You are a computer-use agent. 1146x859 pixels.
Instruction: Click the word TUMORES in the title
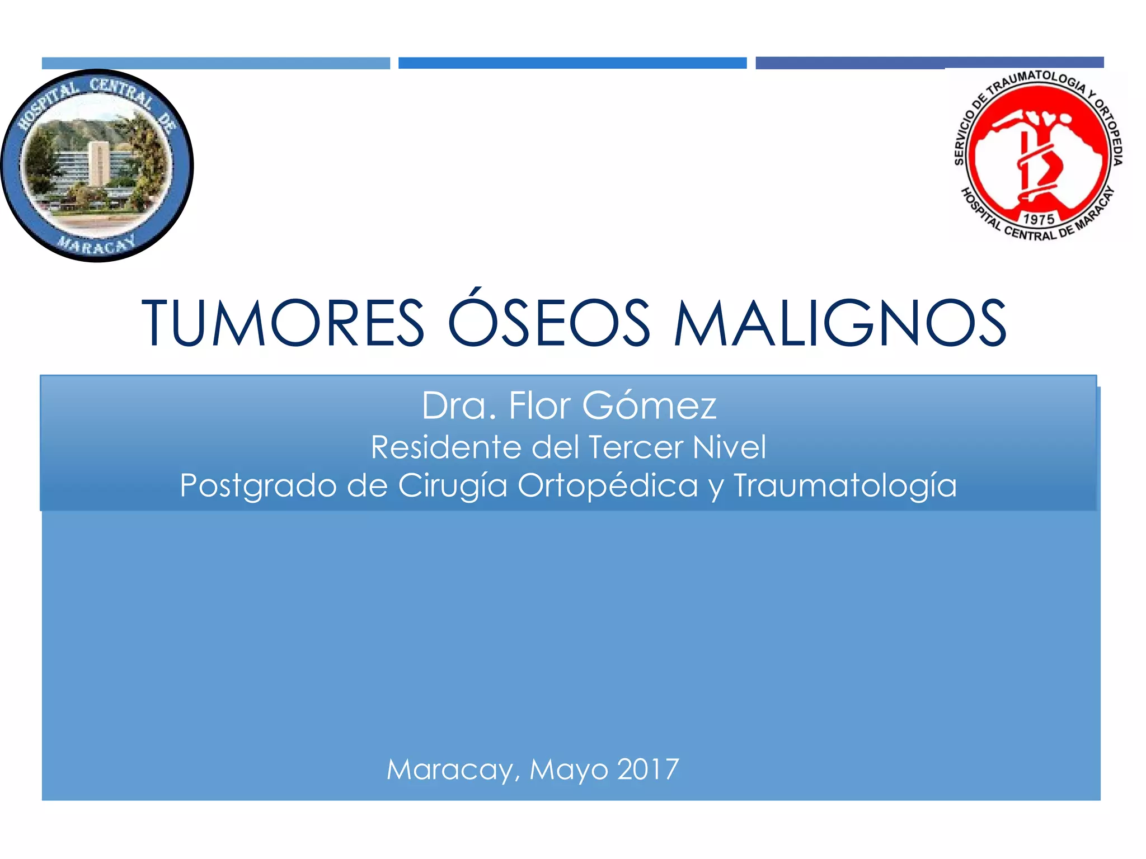[x=283, y=323]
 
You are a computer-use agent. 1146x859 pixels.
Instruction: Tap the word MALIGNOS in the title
[x=840, y=323]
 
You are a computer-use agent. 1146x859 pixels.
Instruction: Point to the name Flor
[x=539, y=405]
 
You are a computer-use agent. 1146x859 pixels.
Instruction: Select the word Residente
[x=446, y=447]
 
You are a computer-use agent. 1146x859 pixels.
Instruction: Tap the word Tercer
[x=636, y=447]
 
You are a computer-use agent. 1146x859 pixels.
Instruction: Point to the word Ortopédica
[x=608, y=486]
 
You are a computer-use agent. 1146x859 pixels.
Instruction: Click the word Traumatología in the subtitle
[x=845, y=486]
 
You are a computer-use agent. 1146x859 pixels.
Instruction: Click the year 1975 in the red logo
[x=1039, y=219]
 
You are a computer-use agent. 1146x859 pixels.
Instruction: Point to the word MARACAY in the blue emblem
[x=97, y=244]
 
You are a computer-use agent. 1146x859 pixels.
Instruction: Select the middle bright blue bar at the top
[x=572, y=63]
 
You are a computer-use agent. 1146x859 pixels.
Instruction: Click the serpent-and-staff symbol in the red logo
[x=1036, y=162]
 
